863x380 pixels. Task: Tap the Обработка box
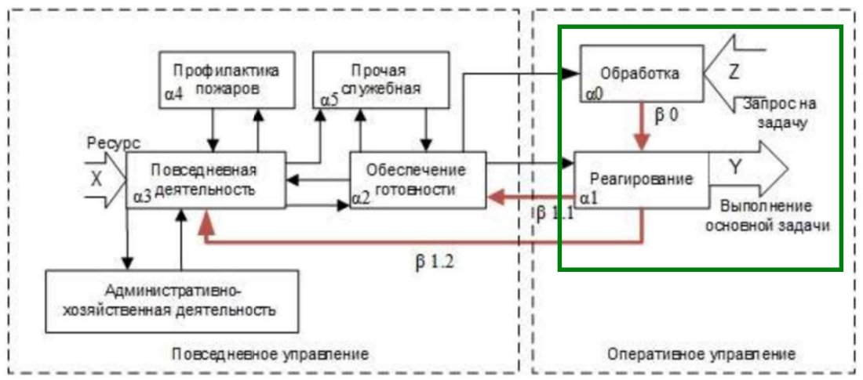(x=639, y=74)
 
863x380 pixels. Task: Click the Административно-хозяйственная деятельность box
(x=172, y=300)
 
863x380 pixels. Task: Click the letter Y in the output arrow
(x=735, y=166)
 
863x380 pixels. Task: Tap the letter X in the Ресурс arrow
(x=96, y=179)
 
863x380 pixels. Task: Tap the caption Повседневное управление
(x=270, y=354)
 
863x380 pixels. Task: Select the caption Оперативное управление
(x=701, y=354)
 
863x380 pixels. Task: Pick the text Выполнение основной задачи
(x=767, y=215)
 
